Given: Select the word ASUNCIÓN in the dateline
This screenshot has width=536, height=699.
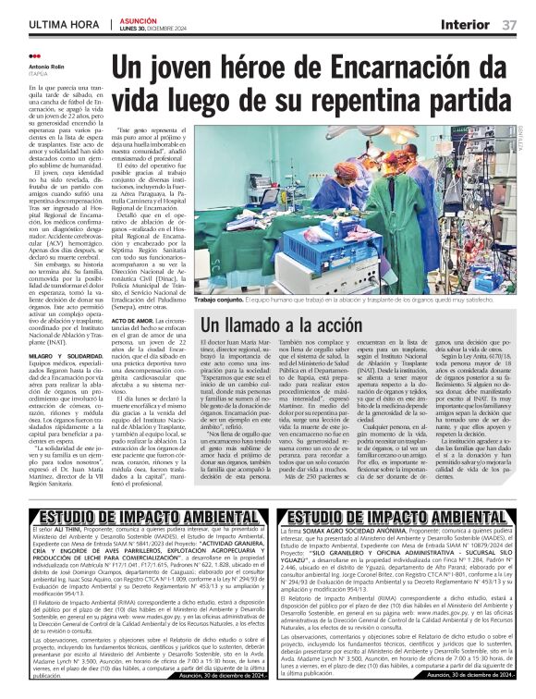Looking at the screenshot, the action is click(x=139, y=18).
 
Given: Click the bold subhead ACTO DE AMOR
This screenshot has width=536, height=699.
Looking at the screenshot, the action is click(x=136, y=319).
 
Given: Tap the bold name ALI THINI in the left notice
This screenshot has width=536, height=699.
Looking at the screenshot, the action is click(x=57, y=530).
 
